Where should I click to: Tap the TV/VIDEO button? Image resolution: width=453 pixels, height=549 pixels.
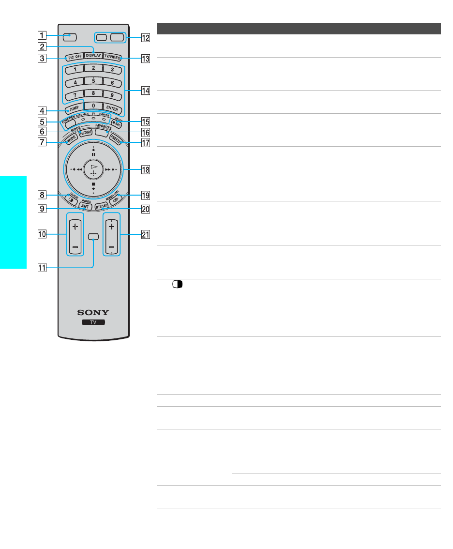pyautogui.click(x=112, y=57)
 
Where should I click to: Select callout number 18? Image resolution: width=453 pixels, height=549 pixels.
pyautogui.click(x=146, y=169)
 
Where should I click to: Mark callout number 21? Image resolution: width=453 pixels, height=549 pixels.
pyautogui.click(x=146, y=235)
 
